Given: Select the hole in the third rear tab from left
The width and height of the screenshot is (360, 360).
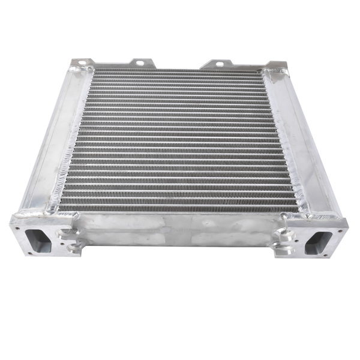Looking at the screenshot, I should point(218,63).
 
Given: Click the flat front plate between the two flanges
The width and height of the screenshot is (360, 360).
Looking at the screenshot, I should point(177,231).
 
